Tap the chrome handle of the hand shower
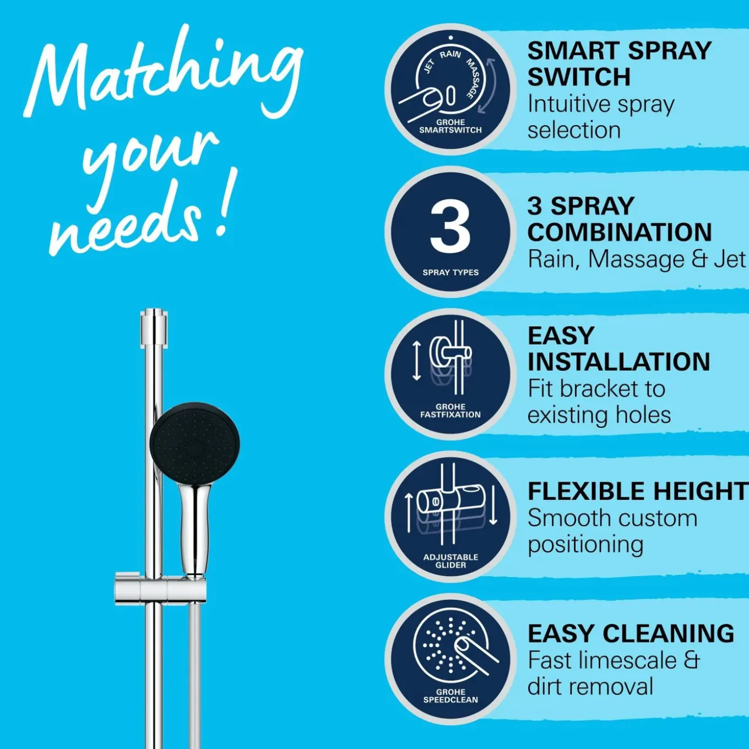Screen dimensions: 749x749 click(x=195, y=529)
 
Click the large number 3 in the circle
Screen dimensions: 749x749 click(x=451, y=227)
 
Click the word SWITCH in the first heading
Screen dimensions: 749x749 click(x=579, y=77)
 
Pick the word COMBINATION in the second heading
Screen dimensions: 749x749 click(x=620, y=232)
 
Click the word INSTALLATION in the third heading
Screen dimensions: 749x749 click(x=619, y=361)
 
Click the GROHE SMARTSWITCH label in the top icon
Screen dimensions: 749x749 click(x=451, y=126)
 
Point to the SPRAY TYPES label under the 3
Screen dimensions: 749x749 click(x=451, y=273)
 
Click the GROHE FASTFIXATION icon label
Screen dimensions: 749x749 click(x=451, y=411)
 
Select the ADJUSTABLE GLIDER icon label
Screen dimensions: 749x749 click(x=451, y=561)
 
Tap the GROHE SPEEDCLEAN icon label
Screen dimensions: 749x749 click(x=451, y=696)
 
